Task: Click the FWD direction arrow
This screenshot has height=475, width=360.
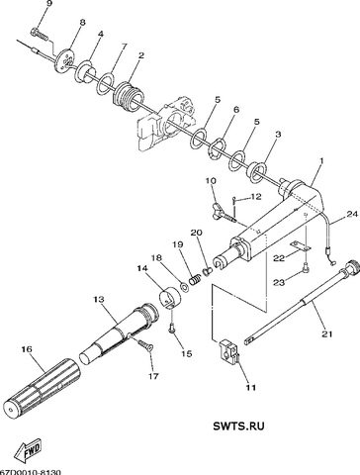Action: point(28,450)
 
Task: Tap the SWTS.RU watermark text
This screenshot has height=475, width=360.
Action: point(238,426)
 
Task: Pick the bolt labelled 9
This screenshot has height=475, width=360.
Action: point(40,35)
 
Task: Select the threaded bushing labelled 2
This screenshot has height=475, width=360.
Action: point(129,96)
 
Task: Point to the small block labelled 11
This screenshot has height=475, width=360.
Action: point(227,351)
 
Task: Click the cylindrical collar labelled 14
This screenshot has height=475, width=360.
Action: point(170,297)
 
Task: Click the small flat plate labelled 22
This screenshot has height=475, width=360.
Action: point(300,245)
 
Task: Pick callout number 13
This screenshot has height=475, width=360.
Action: point(99,300)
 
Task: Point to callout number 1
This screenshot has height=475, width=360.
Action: point(321,162)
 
